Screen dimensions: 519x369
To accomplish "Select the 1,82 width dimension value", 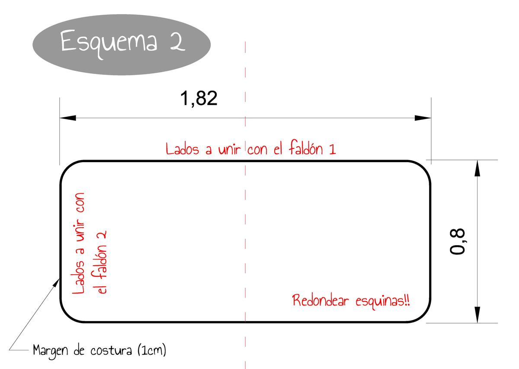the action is pos(199,99).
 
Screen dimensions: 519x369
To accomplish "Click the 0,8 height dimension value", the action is pos(458,241).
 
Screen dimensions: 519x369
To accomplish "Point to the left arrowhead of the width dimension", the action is pos(68,118).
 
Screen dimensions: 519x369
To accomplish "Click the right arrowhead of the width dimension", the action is pos(423,118).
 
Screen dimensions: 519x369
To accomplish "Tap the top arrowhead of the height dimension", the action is pos(477,168).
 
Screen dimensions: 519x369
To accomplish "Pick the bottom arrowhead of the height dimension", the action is pos(477,314).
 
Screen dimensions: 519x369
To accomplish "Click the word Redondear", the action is pos(320,301).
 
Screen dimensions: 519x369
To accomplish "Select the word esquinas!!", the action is pos(383,302).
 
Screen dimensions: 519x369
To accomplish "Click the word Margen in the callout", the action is pos(51,351).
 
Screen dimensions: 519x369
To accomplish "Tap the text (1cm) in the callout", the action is pos(152,350).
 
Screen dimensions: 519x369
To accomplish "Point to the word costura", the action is pos(111,350).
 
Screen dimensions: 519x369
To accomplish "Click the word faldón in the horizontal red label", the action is pos(306,148).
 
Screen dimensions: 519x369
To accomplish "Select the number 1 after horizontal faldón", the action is pos(333,149).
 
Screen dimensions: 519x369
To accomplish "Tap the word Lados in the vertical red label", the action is pos(78,277).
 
